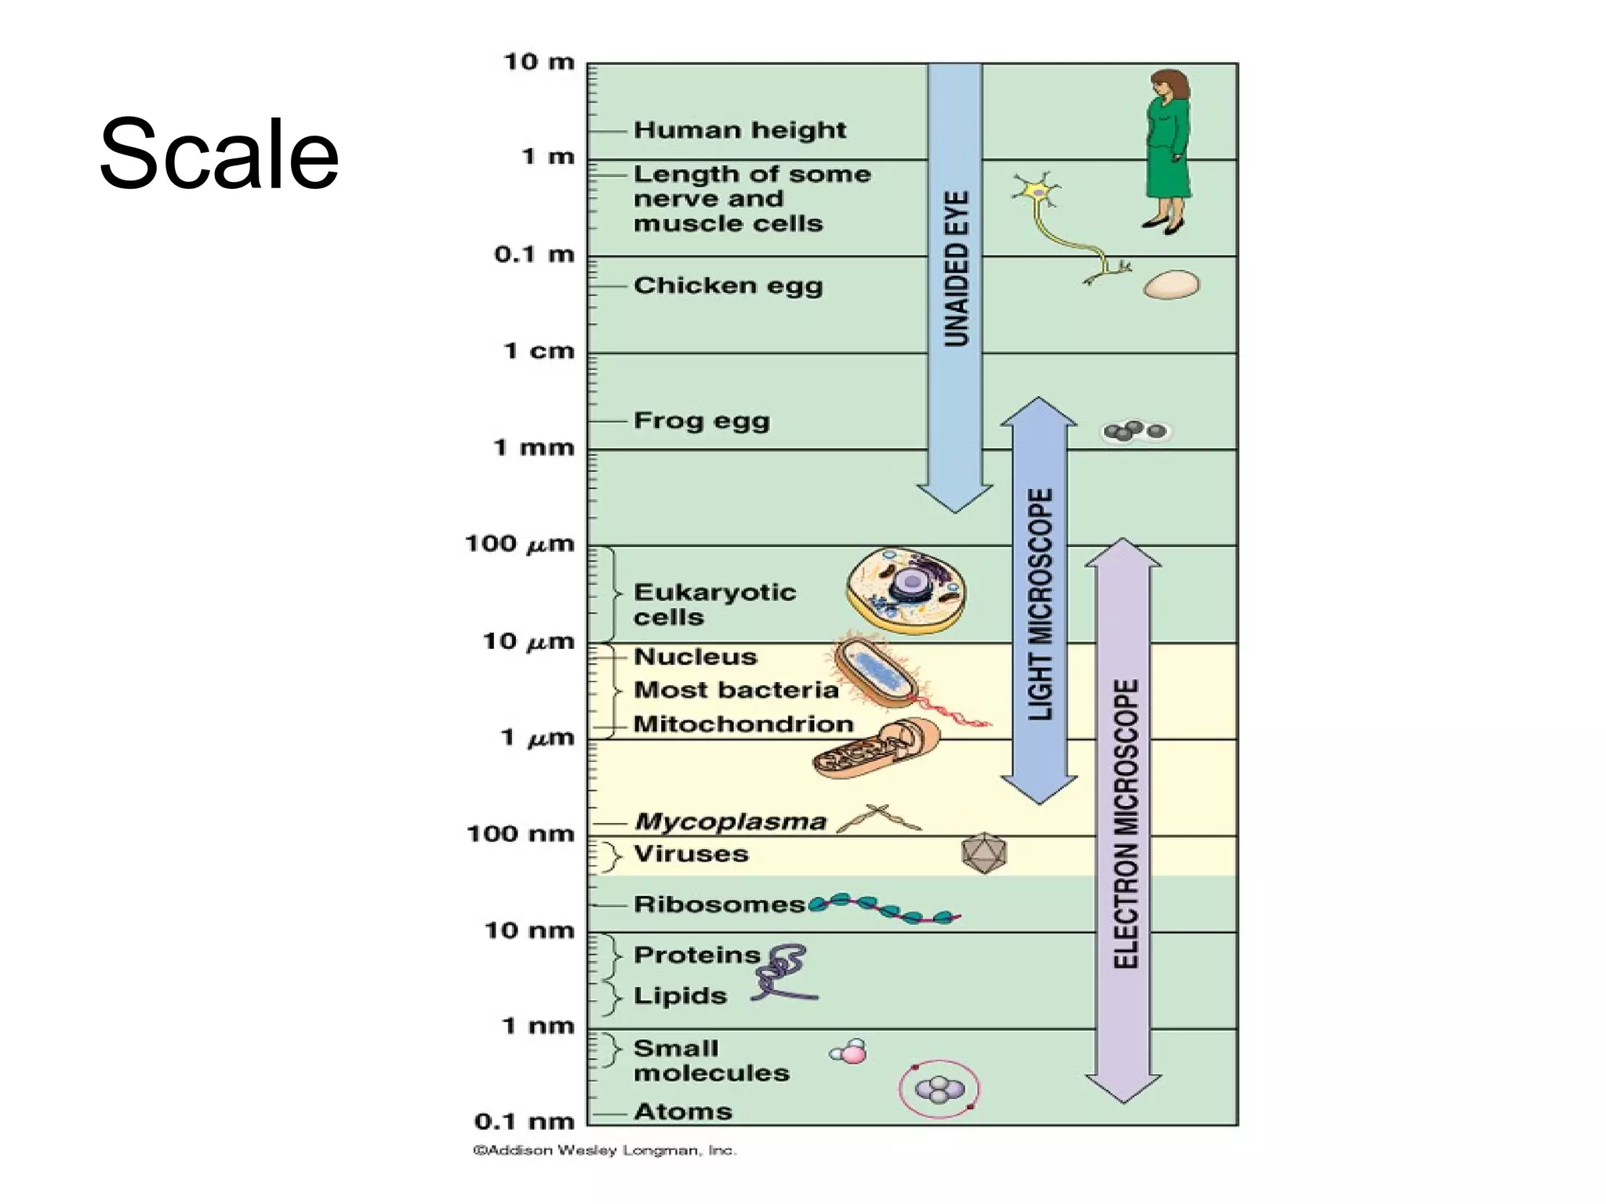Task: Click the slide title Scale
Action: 219,153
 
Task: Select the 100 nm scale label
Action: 520,833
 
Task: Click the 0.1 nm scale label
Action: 524,1122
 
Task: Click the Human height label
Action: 739,130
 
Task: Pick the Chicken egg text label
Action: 728,285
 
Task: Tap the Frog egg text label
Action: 701,421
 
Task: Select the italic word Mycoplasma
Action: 730,821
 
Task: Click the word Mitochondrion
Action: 743,724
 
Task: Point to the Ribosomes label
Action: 718,905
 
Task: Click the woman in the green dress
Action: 1168,153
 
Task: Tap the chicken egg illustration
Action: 1171,285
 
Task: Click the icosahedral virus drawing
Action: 983,854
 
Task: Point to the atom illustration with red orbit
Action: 939,1089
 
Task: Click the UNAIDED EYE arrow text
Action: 955,268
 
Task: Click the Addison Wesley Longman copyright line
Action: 604,1151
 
